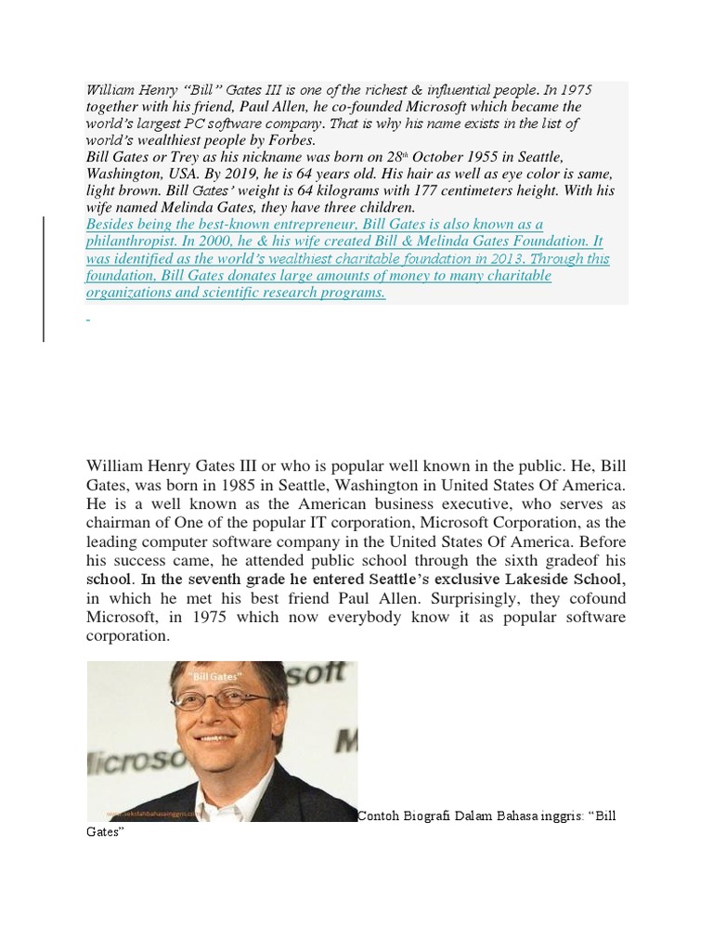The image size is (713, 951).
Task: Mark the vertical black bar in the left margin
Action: tap(44, 279)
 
